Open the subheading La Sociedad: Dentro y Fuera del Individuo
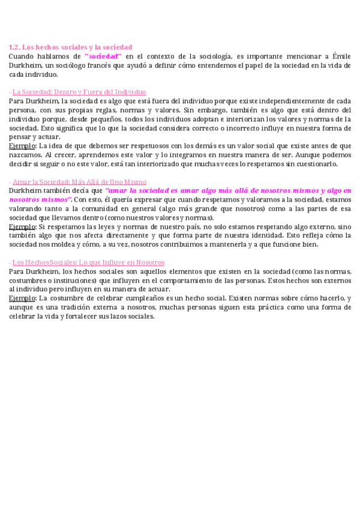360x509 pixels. tap(79, 92)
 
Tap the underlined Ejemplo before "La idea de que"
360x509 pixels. tap(23, 146)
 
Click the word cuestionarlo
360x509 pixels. tap(316, 164)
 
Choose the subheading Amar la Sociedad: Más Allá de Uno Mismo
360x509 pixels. tap(79, 182)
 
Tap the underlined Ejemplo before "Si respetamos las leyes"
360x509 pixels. tap(23, 227)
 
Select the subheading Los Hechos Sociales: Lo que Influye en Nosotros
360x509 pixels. tap(88, 263)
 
